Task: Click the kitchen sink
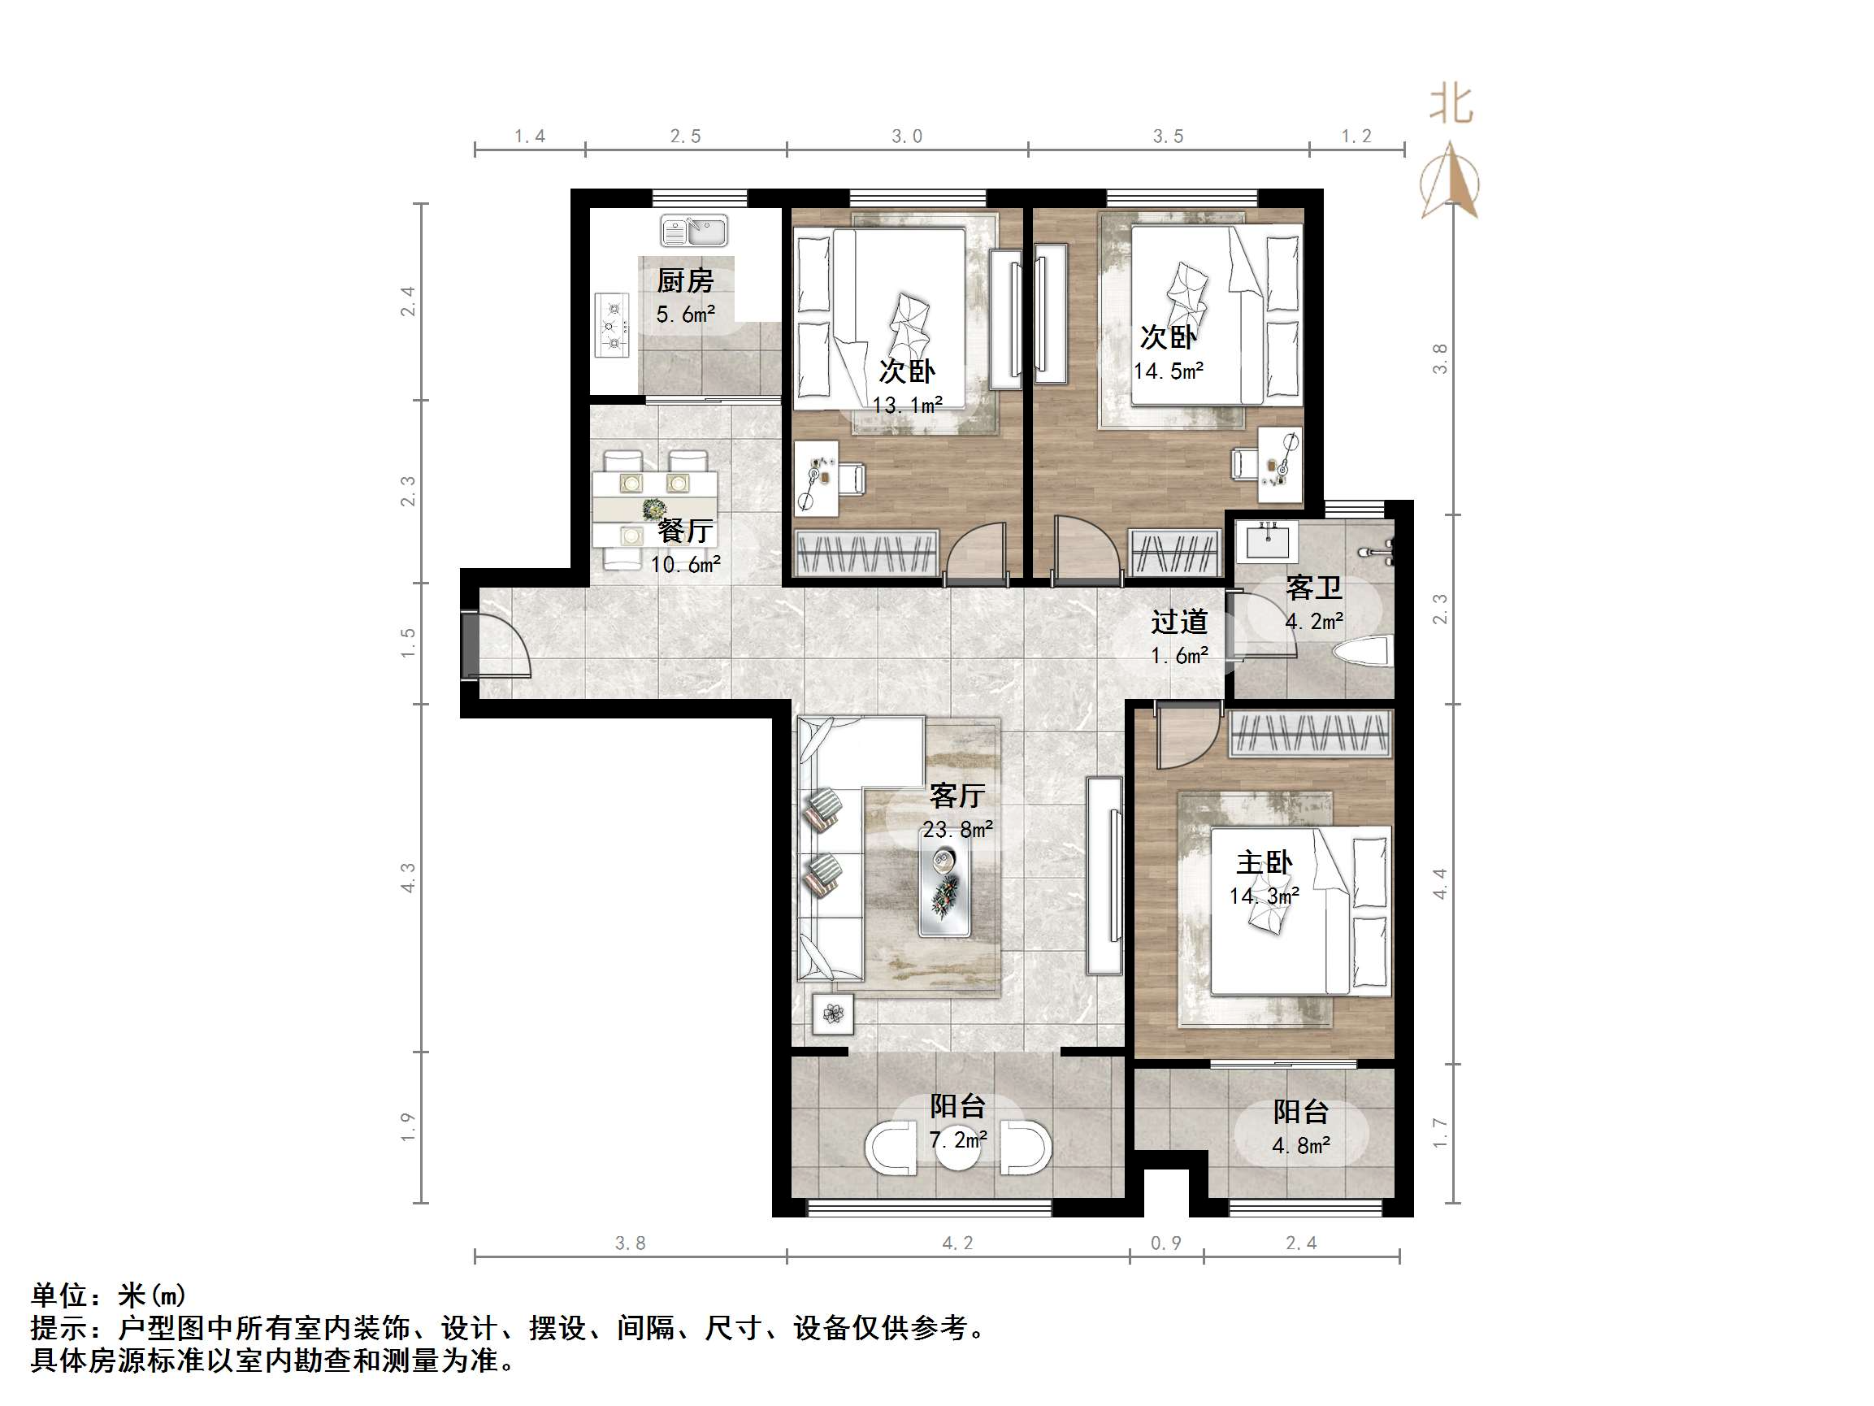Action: click(694, 230)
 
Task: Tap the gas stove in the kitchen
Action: click(612, 325)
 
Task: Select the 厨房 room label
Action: click(684, 280)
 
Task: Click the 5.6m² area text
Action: click(684, 315)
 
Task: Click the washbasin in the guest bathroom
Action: click(1265, 541)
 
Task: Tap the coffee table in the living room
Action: click(944, 883)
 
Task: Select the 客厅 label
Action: click(957, 795)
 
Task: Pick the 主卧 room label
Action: click(1263, 863)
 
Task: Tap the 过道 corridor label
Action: click(1178, 622)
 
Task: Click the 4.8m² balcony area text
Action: click(1300, 1146)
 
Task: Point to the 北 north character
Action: click(1451, 105)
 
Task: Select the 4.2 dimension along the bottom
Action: click(957, 1243)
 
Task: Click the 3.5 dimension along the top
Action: click(1168, 137)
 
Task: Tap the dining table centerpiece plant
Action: click(654, 509)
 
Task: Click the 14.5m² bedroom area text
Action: click(1169, 371)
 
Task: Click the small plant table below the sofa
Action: click(832, 1013)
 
